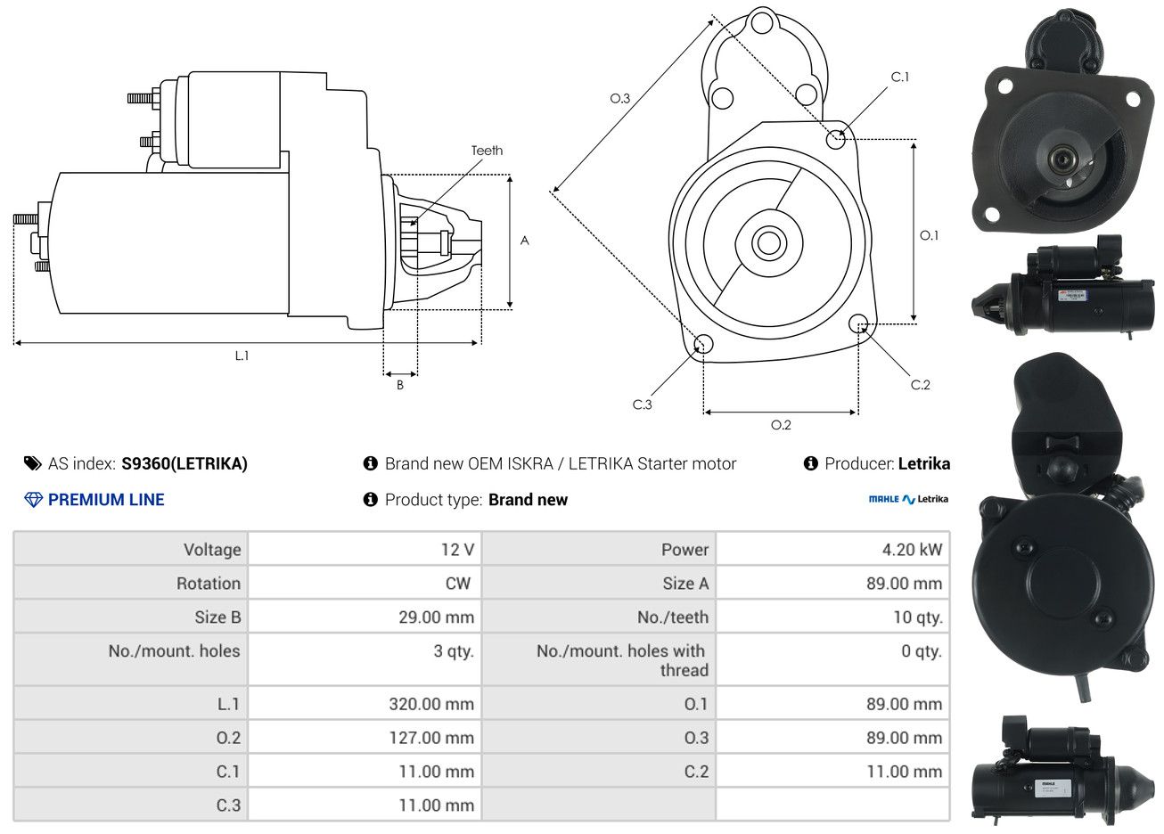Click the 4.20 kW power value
coord(912,549)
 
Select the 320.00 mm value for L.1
coord(431,704)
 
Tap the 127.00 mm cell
coord(431,738)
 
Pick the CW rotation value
coord(458,583)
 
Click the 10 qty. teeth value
coord(918,617)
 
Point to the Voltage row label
coord(212,549)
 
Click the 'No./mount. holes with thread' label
coord(622,660)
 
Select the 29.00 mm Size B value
coord(437,617)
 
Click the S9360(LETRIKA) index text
coord(184,463)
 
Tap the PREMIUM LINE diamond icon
coord(34,500)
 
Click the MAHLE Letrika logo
coord(908,499)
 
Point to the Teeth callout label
coord(487,151)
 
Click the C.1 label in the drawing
coord(900,77)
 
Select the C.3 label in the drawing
coord(642,405)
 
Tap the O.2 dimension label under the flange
coord(781,425)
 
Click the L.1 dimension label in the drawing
coord(242,356)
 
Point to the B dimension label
coord(400,385)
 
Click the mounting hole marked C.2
coord(858,323)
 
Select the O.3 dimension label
coord(620,98)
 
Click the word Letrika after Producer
coord(924,463)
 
